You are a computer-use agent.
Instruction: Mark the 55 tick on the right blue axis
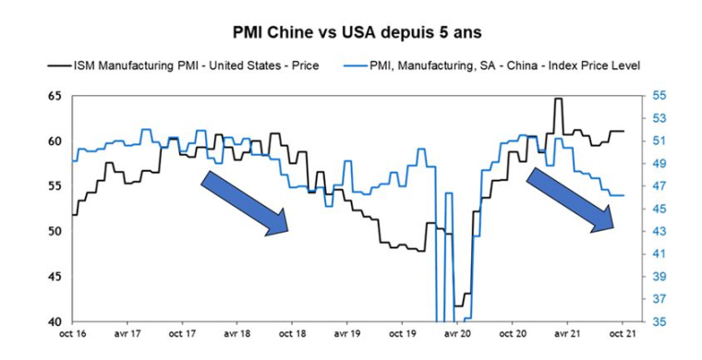[x=646, y=96]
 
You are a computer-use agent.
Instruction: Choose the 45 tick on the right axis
[x=646, y=209]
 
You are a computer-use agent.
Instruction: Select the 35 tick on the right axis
[x=646, y=321]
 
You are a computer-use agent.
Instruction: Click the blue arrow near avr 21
[x=571, y=199]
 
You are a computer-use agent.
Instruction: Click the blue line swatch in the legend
[x=357, y=66]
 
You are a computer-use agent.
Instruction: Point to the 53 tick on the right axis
[x=646, y=118]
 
